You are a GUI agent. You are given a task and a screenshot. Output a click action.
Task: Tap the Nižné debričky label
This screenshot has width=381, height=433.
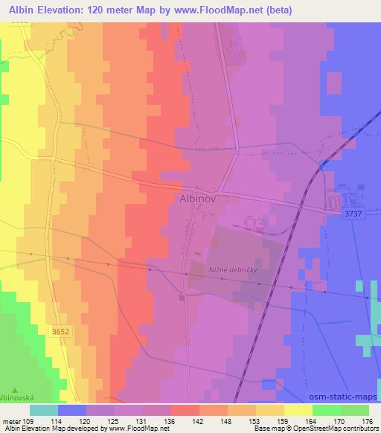point(232,271)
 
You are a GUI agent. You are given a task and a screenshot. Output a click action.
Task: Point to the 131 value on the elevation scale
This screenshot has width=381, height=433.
point(144,420)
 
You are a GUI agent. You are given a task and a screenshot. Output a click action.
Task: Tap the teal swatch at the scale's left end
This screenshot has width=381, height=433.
point(44,410)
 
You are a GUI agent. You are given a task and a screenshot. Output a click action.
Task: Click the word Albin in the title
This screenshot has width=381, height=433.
point(21,10)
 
